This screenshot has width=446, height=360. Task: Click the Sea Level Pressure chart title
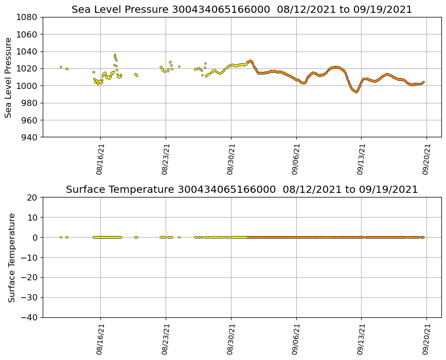(242, 10)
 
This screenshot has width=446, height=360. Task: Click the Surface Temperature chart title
(242, 190)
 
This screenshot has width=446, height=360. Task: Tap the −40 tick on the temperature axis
(30, 317)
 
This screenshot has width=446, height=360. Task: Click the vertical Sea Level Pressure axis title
(9, 77)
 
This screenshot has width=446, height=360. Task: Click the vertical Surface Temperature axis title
(11, 257)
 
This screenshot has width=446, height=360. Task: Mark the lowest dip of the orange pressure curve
(356, 92)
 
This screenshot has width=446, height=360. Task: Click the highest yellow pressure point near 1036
(115, 55)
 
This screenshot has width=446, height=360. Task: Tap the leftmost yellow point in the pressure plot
(61, 67)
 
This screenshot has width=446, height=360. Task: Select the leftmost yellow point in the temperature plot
(61, 237)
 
